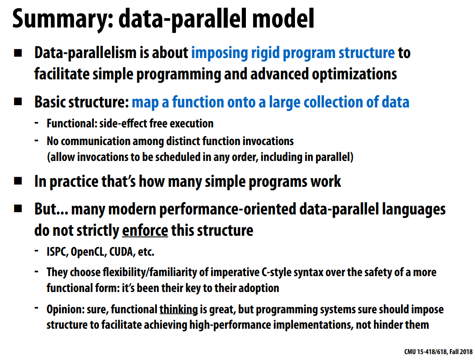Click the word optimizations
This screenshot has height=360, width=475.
tap(354, 74)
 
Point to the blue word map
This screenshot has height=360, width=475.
tap(145, 102)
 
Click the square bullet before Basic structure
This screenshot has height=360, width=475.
tap(18, 102)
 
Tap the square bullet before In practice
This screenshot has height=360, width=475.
tap(18, 181)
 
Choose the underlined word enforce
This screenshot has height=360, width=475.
tap(145, 231)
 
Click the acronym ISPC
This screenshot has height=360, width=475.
tap(57, 252)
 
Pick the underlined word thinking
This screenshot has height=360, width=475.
tap(179, 310)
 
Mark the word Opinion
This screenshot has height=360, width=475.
tap(65, 310)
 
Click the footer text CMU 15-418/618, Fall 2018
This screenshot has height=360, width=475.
tap(438, 351)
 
